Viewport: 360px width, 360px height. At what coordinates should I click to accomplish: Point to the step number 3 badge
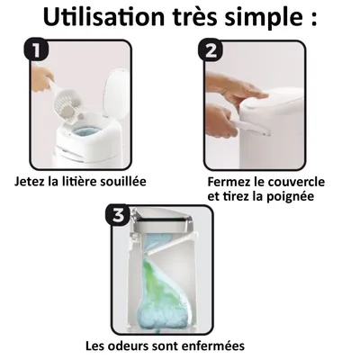(117, 215)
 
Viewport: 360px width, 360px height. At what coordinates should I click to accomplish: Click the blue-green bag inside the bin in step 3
(167, 288)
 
